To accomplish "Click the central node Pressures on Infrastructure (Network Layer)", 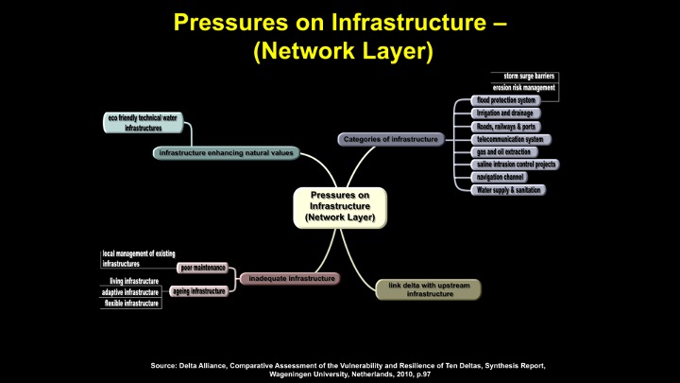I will coord(340,206).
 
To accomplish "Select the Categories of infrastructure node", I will coord(390,139).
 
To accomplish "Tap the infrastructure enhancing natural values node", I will coord(227,152).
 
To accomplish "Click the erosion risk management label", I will coord(525,88).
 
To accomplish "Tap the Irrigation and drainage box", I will coord(507,113).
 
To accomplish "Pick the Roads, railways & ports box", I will coord(507,126).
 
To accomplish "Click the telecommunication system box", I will coord(511,139).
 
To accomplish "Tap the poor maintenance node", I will coord(202,268).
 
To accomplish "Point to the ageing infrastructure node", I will coord(198,291).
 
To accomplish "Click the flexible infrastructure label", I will coord(131,304).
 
